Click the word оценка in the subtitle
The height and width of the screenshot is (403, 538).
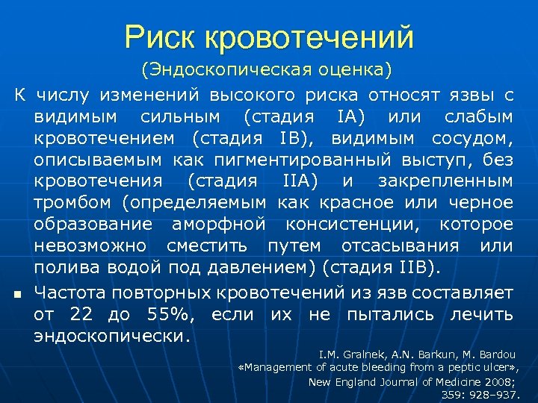tap(350, 71)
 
